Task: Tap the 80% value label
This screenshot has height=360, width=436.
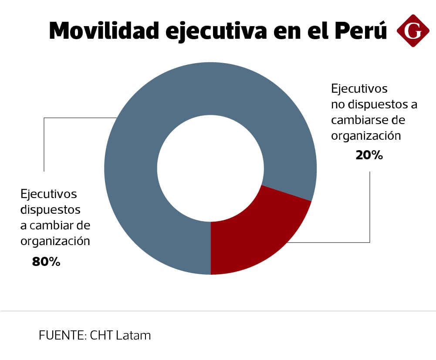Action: coord(46,262)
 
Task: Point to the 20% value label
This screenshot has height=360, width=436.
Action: coord(369,155)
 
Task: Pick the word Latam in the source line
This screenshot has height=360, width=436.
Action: coord(133,336)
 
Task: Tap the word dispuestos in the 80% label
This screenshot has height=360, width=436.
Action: coord(51,210)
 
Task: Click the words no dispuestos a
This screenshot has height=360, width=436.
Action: coord(374,104)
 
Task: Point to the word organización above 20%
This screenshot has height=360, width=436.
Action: coord(365,135)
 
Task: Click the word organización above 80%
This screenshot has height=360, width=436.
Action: coord(55,241)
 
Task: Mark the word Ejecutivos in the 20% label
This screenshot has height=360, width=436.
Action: coord(359,89)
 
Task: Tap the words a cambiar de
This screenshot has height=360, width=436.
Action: coord(55,225)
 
